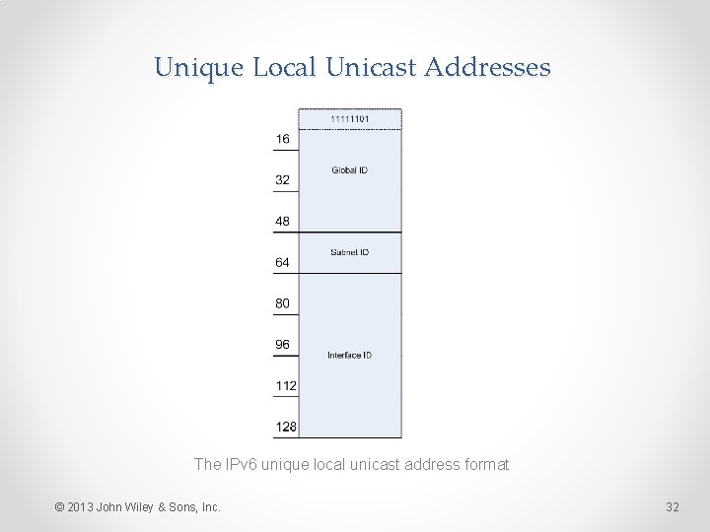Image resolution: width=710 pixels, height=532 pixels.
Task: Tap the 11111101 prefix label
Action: (x=349, y=119)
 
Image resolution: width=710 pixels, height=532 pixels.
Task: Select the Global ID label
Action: (x=349, y=170)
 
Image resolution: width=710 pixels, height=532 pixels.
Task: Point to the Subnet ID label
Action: (x=349, y=252)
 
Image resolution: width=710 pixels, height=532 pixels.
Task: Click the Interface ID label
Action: (x=349, y=355)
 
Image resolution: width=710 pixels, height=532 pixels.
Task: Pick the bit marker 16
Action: (x=283, y=139)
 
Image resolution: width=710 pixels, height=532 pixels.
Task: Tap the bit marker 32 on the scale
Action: (x=283, y=180)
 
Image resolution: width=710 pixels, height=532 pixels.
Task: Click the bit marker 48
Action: (x=283, y=222)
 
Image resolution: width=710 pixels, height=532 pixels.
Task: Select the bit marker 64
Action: (x=283, y=262)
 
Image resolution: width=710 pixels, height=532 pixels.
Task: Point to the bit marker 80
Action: (x=283, y=303)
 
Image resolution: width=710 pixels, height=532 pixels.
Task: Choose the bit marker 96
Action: (x=283, y=345)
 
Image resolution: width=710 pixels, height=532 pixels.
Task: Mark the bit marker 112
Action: (x=286, y=385)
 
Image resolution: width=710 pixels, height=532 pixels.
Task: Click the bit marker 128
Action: (x=286, y=427)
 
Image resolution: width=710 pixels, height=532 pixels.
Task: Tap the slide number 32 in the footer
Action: (x=673, y=507)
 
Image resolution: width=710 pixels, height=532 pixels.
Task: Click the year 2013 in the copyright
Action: (x=81, y=507)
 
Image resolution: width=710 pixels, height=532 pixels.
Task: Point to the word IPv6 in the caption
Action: (x=240, y=464)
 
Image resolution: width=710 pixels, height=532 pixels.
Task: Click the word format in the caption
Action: (x=485, y=464)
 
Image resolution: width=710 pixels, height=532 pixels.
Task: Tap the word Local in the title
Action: (x=285, y=68)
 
